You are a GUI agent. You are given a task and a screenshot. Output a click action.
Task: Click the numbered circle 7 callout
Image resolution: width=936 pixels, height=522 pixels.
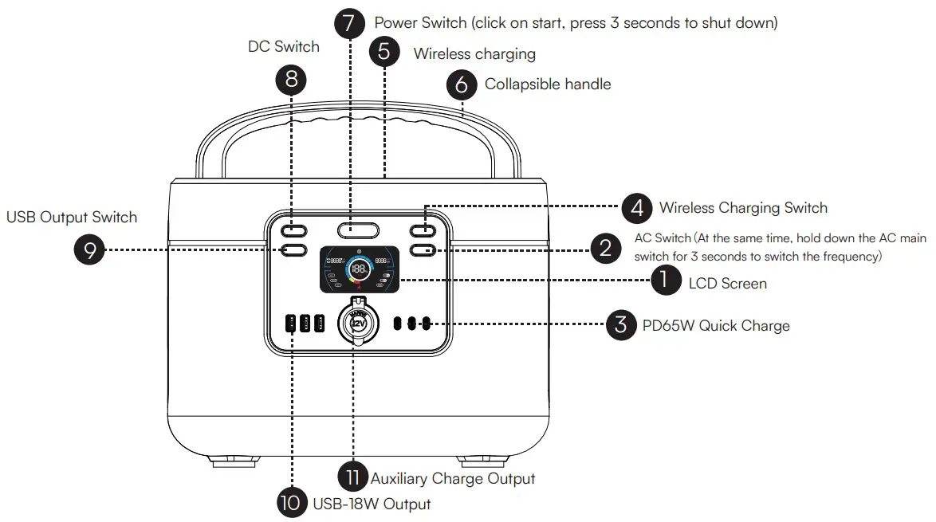349,23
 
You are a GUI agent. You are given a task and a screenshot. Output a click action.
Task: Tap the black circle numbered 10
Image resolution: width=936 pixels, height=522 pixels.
292,503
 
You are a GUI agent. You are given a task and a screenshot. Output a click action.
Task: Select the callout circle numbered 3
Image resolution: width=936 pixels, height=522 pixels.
620,325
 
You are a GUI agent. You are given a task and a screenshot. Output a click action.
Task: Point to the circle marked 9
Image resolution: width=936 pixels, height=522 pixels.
89,250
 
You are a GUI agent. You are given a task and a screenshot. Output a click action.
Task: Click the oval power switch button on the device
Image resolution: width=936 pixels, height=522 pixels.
358,231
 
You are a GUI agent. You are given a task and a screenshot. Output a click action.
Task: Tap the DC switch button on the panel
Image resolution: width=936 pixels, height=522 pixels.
293,231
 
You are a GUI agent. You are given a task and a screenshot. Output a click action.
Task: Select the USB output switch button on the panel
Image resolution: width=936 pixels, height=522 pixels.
293,250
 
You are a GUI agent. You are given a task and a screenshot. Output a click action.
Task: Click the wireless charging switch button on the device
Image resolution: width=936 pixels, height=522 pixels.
423,231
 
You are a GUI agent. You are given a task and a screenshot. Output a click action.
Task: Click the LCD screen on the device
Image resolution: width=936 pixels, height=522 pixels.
358,269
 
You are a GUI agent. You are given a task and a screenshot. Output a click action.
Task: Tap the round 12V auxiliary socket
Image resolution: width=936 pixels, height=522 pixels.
358,324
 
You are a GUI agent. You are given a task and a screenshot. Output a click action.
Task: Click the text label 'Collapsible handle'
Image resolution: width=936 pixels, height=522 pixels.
548,84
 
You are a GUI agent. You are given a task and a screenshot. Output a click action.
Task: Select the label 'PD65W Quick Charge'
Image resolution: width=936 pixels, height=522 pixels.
716,325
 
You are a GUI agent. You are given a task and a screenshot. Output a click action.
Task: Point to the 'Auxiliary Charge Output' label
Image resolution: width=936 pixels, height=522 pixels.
452,478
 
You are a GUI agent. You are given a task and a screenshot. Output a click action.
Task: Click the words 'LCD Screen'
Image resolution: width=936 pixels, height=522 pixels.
727,283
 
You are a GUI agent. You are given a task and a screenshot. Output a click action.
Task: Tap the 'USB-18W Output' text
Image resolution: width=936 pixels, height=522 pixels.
372,504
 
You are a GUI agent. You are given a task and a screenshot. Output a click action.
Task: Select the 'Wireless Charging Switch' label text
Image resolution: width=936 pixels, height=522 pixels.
742,208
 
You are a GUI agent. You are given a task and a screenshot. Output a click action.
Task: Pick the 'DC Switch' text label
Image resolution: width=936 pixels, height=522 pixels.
284,47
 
